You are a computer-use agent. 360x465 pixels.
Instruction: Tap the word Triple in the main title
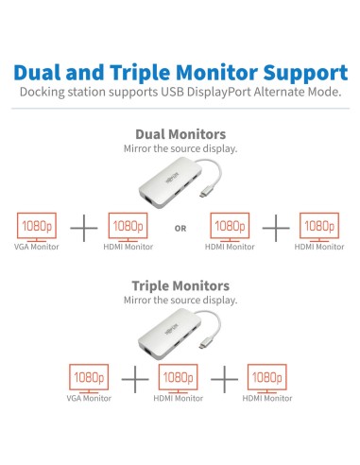(x=136, y=73)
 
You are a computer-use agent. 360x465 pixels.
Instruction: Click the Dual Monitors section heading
(x=180, y=135)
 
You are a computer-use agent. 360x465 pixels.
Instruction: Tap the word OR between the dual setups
(x=180, y=227)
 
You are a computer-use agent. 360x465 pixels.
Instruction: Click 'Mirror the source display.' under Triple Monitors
(x=180, y=301)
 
